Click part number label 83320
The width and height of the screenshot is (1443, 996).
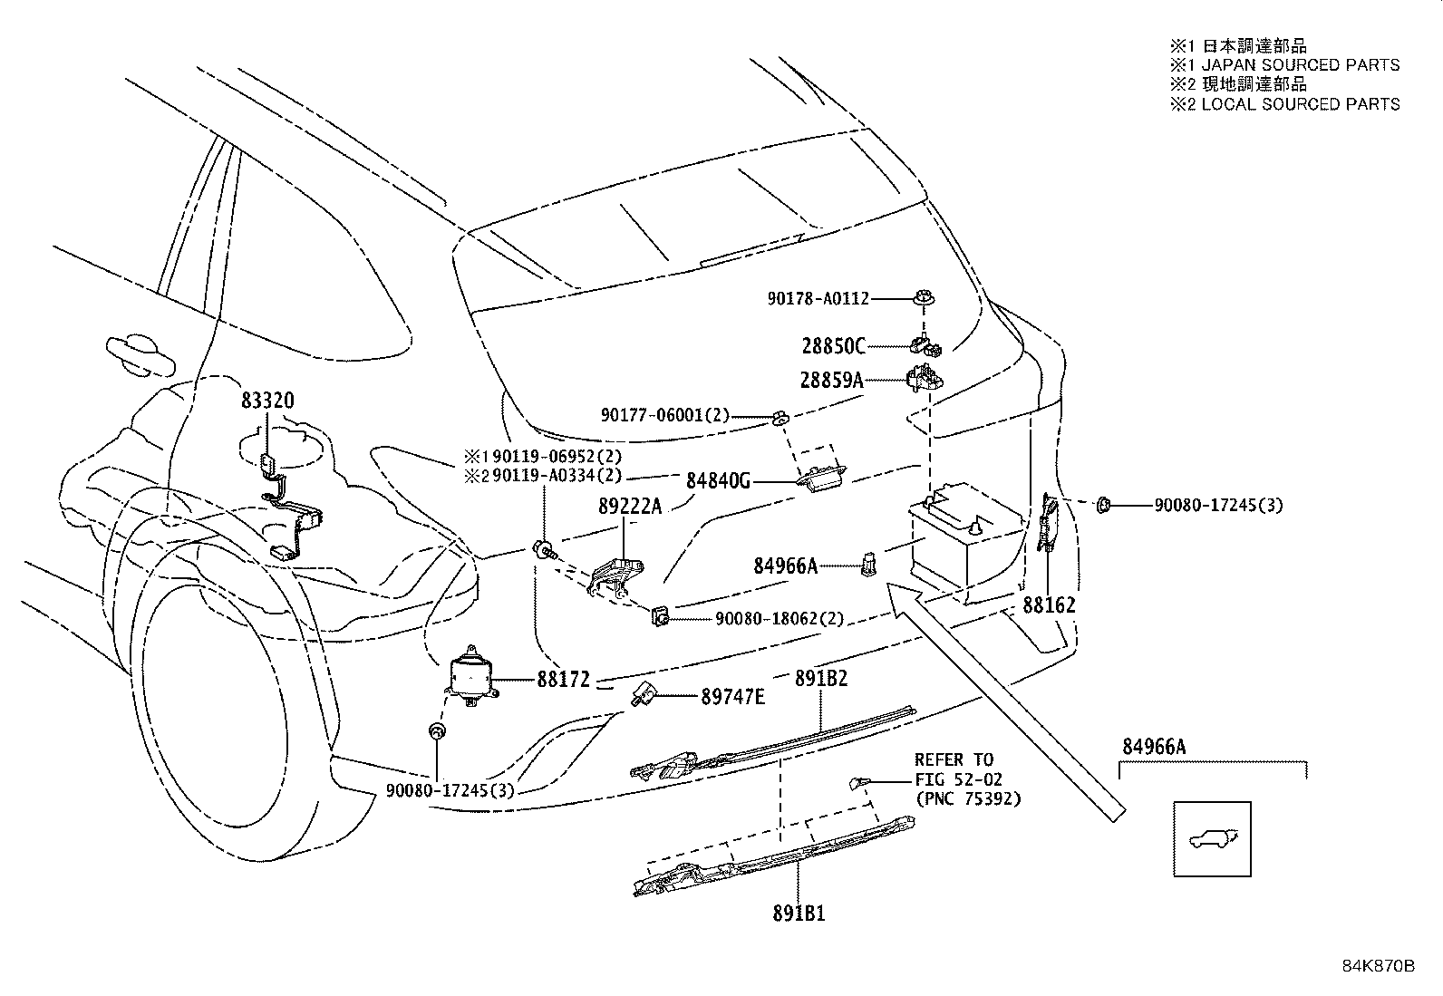click(x=267, y=401)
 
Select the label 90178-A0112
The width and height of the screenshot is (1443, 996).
click(x=818, y=299)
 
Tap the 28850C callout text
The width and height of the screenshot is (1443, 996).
click(x=834, y=346)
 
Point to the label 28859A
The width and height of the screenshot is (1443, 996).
click(x=832, y=380)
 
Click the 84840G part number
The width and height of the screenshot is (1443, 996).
click(x=718, y=480)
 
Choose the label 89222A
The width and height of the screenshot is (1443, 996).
click(x=630, y=507)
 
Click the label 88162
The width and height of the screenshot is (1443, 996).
click(x=1050, y=605)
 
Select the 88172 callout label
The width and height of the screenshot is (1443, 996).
click(x=564, y=680)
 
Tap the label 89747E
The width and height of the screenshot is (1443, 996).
click(x=733, y=696)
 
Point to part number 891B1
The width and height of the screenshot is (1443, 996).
click(x=799, y=914)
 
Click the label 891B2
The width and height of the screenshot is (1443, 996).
click(x=820, y=679)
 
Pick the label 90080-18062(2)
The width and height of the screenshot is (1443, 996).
click(x=780, y=619)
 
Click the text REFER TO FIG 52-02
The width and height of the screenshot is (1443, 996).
click(x=958, y=769)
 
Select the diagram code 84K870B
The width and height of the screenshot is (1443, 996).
click(x=1379, y=966)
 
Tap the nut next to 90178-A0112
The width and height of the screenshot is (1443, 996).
click(x=925, y=298)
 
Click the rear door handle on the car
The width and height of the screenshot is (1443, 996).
click(x=140, y=354)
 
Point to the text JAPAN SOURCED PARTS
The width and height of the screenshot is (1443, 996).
click(x=1301, y=65)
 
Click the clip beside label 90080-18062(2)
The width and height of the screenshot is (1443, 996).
click(x=660, y=616)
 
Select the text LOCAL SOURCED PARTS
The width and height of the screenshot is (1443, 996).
click(x=1301, y=104)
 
